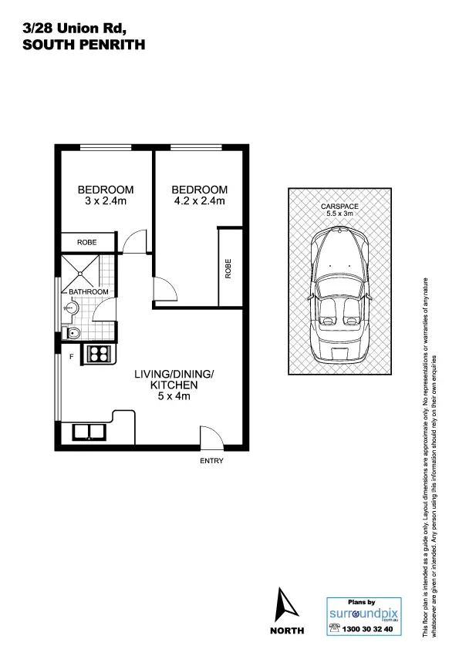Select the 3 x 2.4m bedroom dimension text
105,202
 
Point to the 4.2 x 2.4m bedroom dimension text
199,202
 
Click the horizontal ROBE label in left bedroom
86,243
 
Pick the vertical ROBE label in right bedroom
228,267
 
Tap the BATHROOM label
88,292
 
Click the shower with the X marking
82,270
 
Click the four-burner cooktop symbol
99,354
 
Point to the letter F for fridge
71,356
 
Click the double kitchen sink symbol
91,431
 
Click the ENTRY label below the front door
211,461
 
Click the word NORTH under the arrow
287,630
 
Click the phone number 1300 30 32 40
366,628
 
